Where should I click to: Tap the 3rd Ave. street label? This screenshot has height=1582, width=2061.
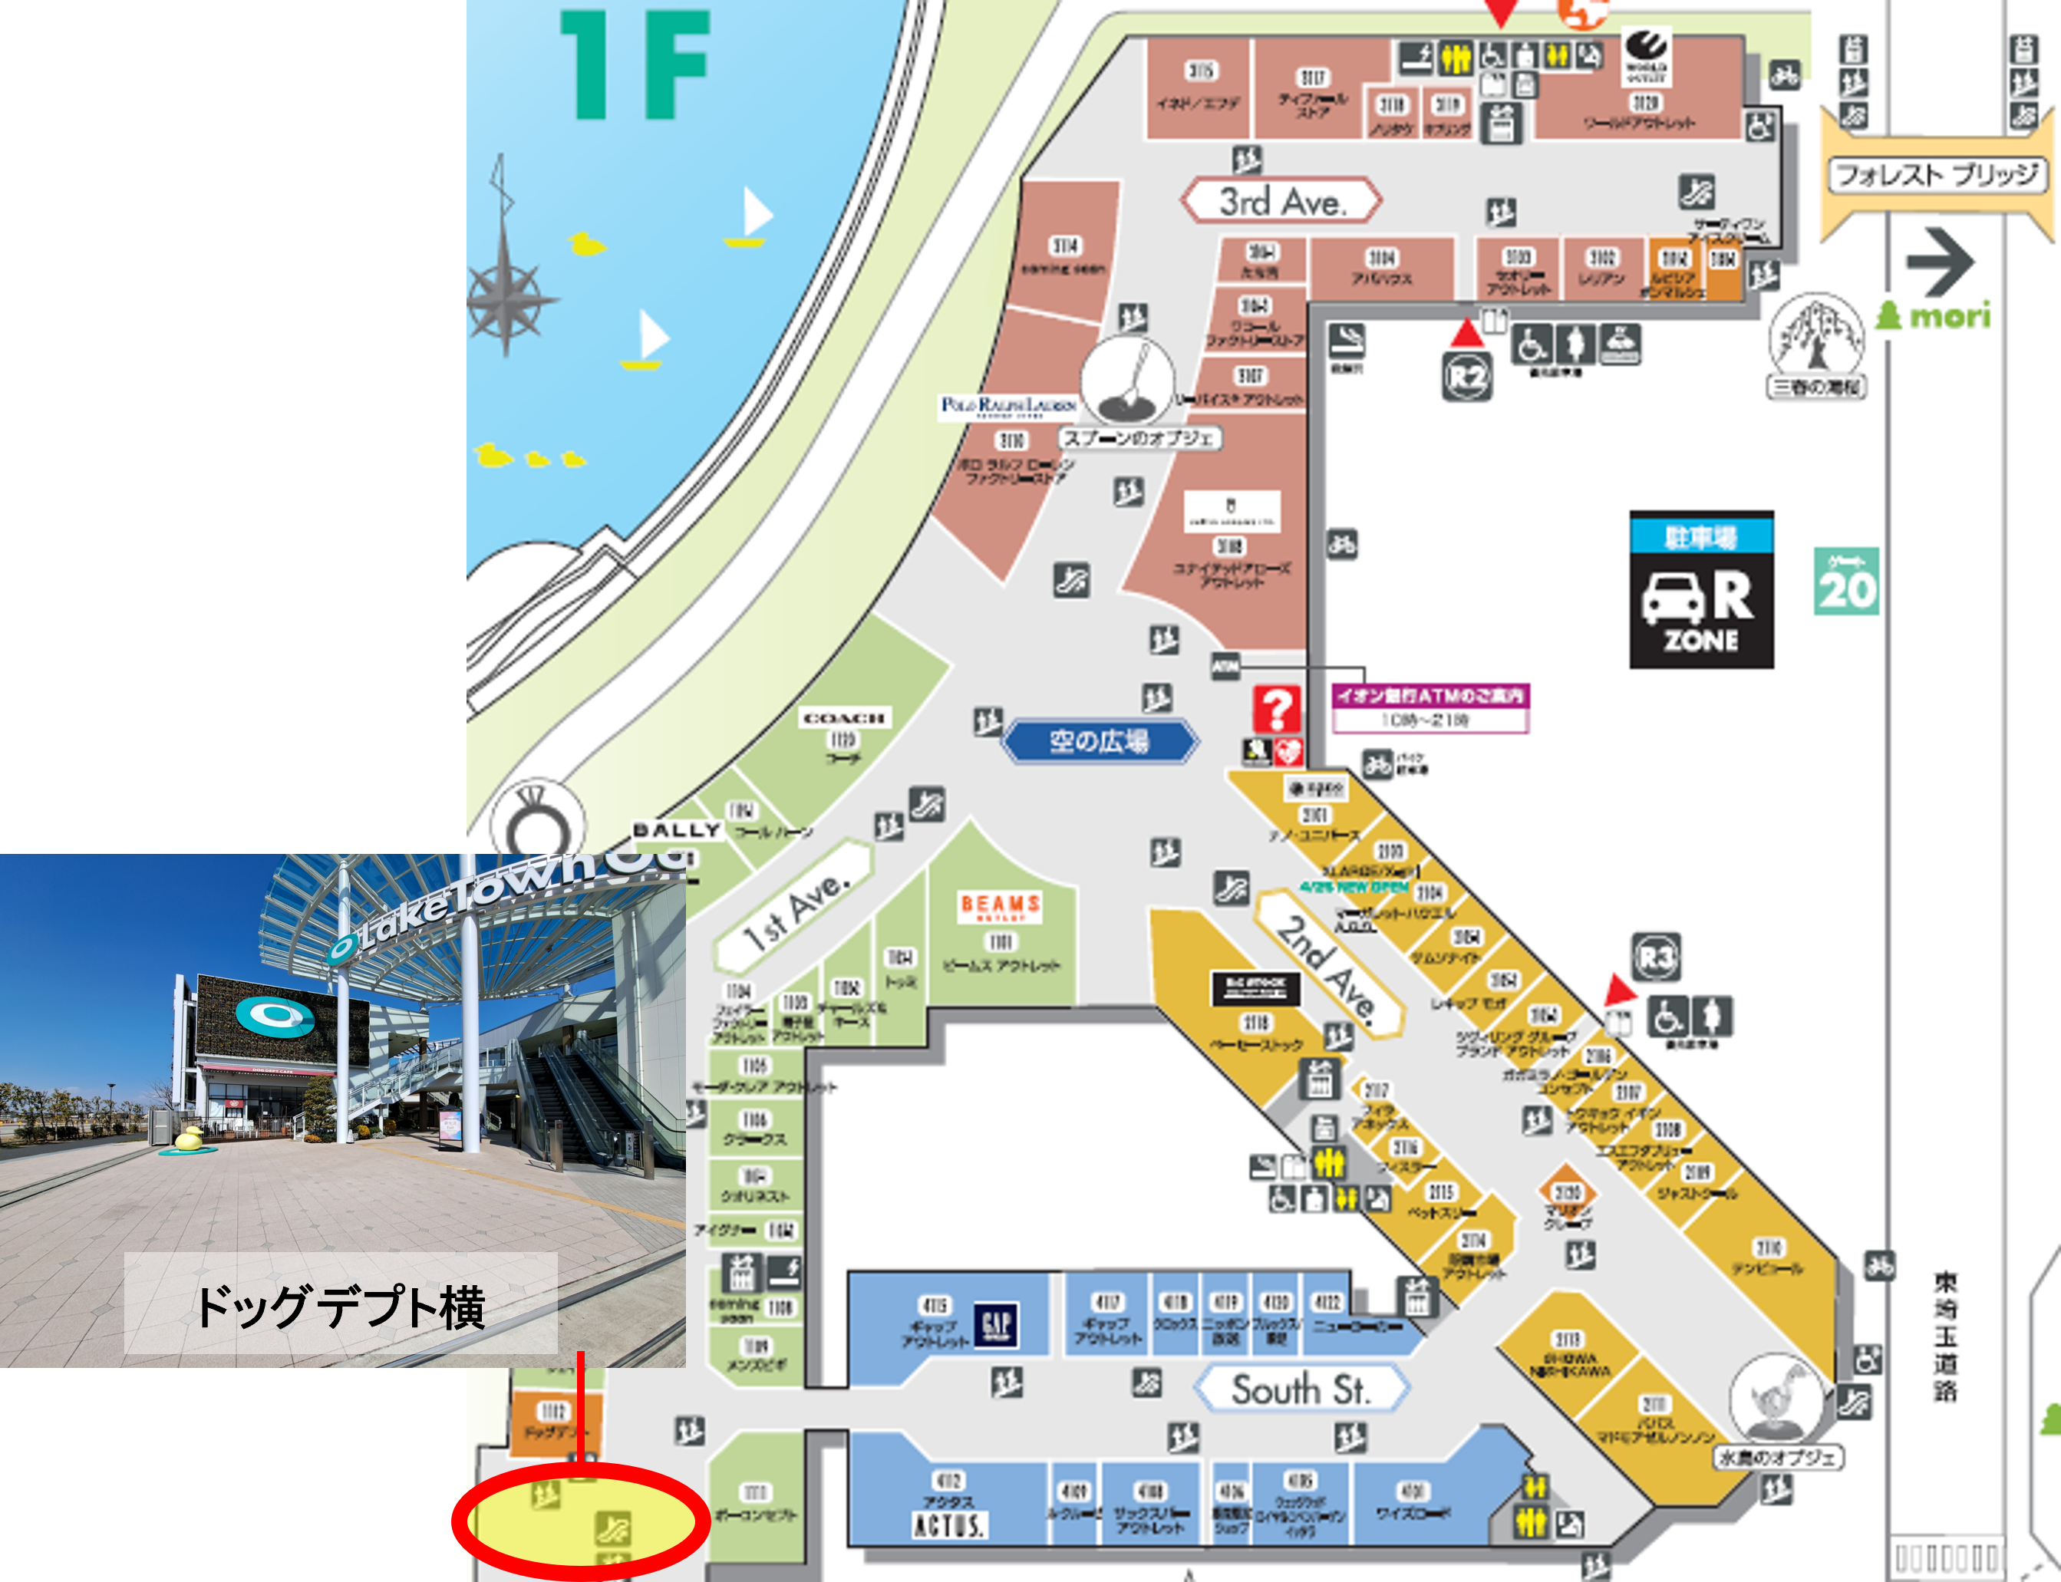(x=1281, y=200)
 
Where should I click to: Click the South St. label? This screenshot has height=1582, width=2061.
(x=1301, y=1389)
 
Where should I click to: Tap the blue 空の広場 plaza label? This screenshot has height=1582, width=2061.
(x=1099, y=741)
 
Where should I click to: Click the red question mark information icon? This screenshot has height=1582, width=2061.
(x=1276, y=709)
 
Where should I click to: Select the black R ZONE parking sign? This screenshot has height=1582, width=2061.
(x=1701, y=591)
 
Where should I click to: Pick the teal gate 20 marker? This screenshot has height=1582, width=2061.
(x=1845, y=581)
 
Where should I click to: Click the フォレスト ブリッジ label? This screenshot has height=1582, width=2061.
(x=1937, y=175)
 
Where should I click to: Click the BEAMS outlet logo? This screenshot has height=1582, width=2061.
(x=1000, y=907)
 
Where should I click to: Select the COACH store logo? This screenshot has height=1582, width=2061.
(x=843, y=718)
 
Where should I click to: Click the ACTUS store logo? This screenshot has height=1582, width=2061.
(x=949, y=1524)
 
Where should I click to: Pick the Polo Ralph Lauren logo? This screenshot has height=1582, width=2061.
(x=1007, y=406)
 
